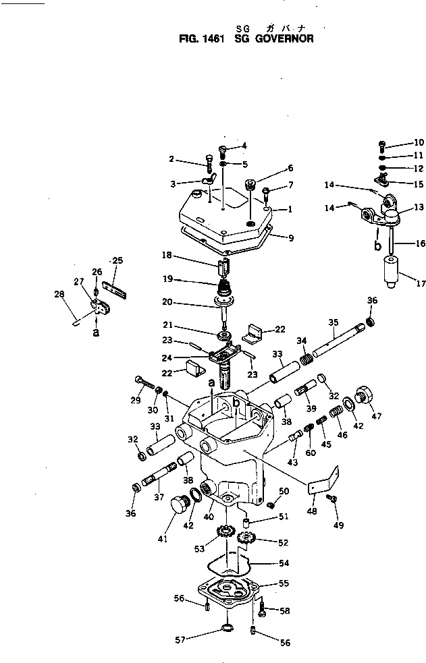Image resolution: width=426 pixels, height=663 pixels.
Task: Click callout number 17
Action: click(420, 284)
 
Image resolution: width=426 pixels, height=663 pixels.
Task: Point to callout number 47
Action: click(377, 415)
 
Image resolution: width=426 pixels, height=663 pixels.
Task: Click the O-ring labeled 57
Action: click(228, 630)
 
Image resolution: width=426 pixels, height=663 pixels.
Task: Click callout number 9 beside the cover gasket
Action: click(291, 237)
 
